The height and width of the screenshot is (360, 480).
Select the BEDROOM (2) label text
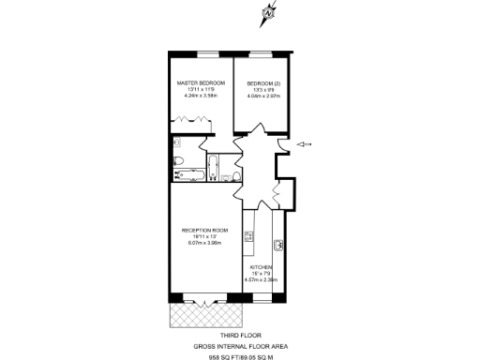pyautogui.click(x=260, y=82)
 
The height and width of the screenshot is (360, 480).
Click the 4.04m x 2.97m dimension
pyautogui.click(x=261, y=95)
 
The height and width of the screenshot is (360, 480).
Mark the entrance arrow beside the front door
pyautogui.click(x=305, y=144)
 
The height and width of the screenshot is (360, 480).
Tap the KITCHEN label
pyautogui.click(x=261, y=267)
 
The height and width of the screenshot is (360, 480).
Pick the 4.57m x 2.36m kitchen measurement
pyautogui.click(x=262, y=279)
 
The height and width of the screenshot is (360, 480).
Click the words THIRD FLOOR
pyautogui.click(x=241, y=335)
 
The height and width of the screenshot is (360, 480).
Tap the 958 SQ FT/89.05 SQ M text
pyautogui.click(x=241, y=356)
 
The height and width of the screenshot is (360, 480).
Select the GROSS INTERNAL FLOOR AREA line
pyautogui.click(x=241, y=346)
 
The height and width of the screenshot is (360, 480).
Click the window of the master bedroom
pyautogui.click(x=201, y=51)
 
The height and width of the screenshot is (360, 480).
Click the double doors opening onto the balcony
pyautogui.click(x=204, y=300)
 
